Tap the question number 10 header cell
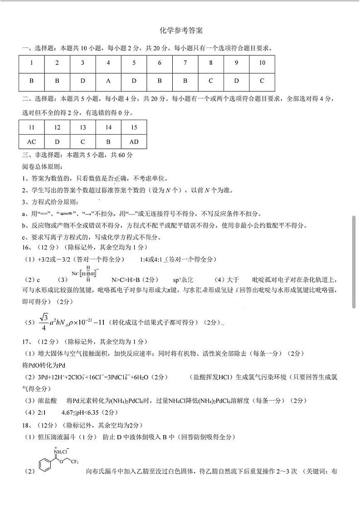(x=262, y=63)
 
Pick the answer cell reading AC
(x=31, y=142)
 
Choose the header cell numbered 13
(x=83, y=128)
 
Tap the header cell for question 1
(x=31, y=63)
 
